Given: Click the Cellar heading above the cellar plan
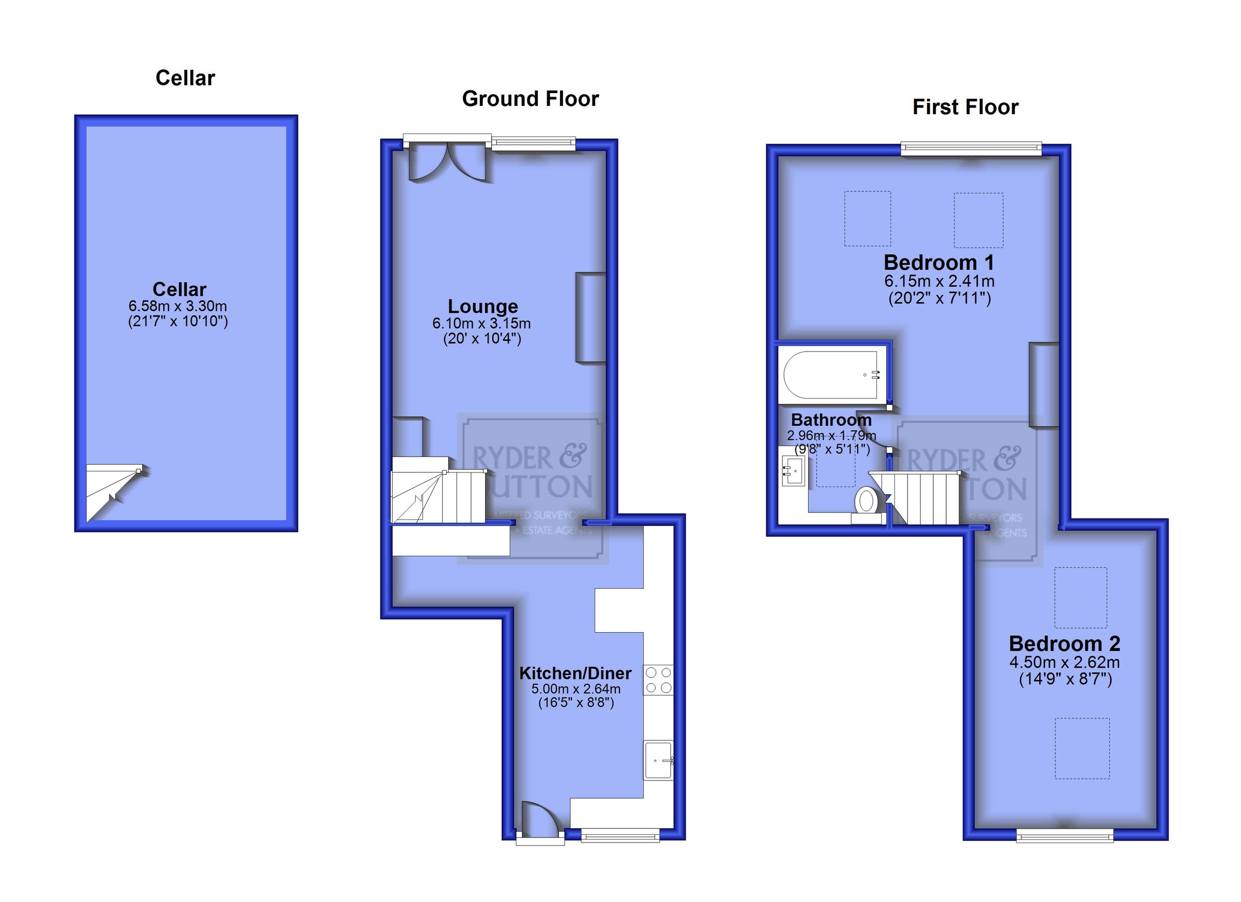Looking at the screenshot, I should pyautogui.click(x=185, y=78).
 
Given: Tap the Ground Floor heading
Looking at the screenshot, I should pyautogui.click(x=529, y=99).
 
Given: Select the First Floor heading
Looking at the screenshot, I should pyautogui.click(x=965, y=107).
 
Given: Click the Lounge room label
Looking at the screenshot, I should pyautogui.click(x=482, y=307).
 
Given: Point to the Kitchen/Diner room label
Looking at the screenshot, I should pyautogui.click(x=575, y=673).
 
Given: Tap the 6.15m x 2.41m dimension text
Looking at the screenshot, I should pyautogui.click(x=939, y=282).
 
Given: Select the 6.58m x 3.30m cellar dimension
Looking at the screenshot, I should pyautogui.click(x=178, y=307).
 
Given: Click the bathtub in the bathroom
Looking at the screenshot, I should pyautogui.click(x=830, y=375).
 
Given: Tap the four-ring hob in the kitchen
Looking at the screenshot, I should pyautogui.click(x=658, y=680).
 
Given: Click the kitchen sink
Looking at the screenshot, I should pyautogui.click(x=658, y=760).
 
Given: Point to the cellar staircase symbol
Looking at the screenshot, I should pyautogui.click(x=115, y=491).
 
